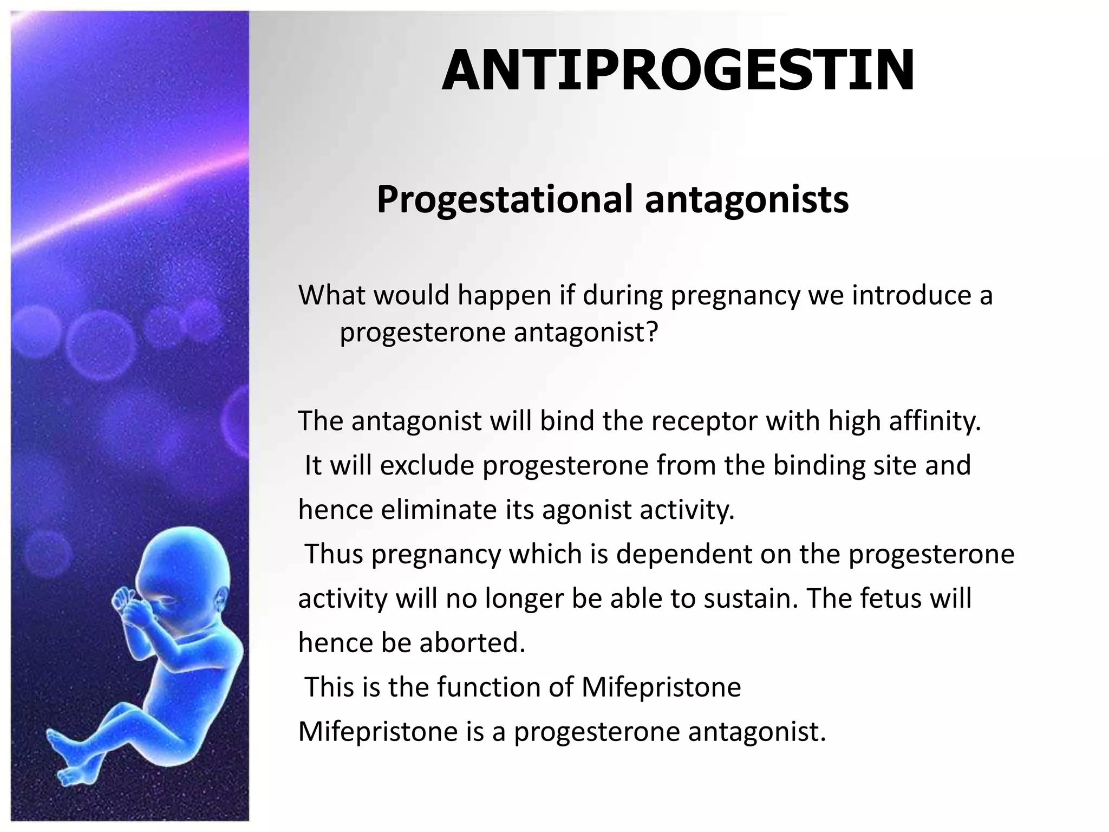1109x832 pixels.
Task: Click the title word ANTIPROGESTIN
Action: tap(678, 71)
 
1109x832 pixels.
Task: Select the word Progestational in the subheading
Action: tap(504, 199)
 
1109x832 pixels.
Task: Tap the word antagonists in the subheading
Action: tap(747, 199)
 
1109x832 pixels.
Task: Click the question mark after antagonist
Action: tap(652, 332)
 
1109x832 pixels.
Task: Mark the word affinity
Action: tap(935, 421)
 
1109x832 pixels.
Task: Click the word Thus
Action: tap(334, 554)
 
